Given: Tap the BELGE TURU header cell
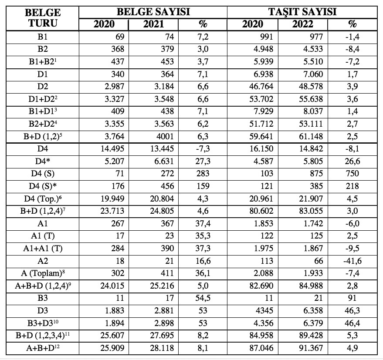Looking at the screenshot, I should click(43, 18).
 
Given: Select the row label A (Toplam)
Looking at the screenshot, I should click(43, 273).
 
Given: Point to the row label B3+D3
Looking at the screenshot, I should click(43, 323).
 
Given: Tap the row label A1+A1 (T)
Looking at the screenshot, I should click(43, 248).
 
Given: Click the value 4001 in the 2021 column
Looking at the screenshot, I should click(164, 136).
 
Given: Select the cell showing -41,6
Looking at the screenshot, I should click(353, 261).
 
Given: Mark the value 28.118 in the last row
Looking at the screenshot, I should click(162, 348).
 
